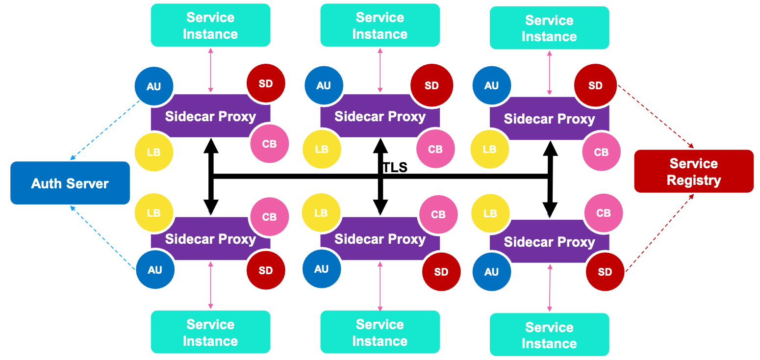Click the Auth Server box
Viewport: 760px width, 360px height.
tap(70, 183)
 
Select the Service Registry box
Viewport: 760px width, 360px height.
tap(693, 171)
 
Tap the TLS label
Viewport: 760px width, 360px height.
tap(395, 168)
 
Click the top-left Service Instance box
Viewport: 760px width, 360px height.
tap(210, 26)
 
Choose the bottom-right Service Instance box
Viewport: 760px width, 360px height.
tap(549, 334)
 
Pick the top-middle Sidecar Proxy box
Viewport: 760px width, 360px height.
tap(380, 117)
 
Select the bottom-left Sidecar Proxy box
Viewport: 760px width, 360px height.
tap(210, 239)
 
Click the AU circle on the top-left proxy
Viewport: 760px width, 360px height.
tap(154, 86)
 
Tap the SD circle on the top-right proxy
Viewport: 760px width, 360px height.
tap(595, 86)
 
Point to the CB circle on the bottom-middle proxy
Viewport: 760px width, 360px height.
tap(438, 214)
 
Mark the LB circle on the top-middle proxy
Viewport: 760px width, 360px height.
tap(322, 149)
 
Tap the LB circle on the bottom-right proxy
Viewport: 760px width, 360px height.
tap(490, 213)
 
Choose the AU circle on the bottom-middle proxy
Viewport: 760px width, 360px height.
tap(322, 269)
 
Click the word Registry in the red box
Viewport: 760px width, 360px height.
tap(693, 180)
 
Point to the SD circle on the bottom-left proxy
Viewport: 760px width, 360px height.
tap(266, 270)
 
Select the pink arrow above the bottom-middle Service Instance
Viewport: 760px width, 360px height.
tap(380, 286)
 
